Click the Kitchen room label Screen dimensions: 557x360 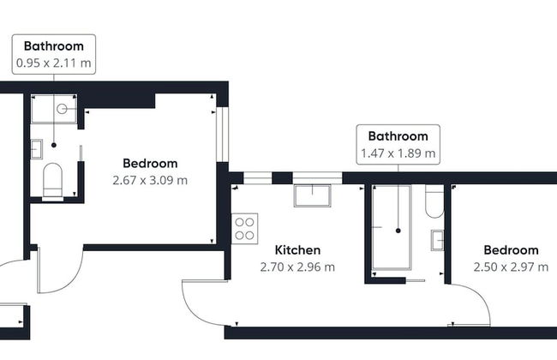[297, 249]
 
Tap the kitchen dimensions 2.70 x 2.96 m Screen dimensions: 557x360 [297, 267]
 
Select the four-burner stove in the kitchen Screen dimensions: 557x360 [245, 229]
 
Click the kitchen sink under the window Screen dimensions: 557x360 [312, 195]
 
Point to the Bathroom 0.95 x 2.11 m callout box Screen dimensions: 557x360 [54, 54]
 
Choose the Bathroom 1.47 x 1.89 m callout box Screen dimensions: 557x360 [398, 145]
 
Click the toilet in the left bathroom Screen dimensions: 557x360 [52, 181]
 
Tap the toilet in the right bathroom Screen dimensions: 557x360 [434, 201]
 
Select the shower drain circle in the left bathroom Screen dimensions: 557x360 [62, 109]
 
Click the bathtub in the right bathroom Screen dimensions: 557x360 [392, 227]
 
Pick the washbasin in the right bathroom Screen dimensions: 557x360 [438, 241]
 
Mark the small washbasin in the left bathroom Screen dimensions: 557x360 [36, 149]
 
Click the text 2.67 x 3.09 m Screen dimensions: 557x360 [150, 180]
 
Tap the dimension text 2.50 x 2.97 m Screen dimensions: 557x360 [511, 267]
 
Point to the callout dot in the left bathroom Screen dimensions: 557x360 [54, 145]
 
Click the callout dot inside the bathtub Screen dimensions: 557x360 [398, 231]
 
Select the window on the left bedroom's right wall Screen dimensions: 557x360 [223, 134]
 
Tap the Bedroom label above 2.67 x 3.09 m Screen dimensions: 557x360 [150, 163]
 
